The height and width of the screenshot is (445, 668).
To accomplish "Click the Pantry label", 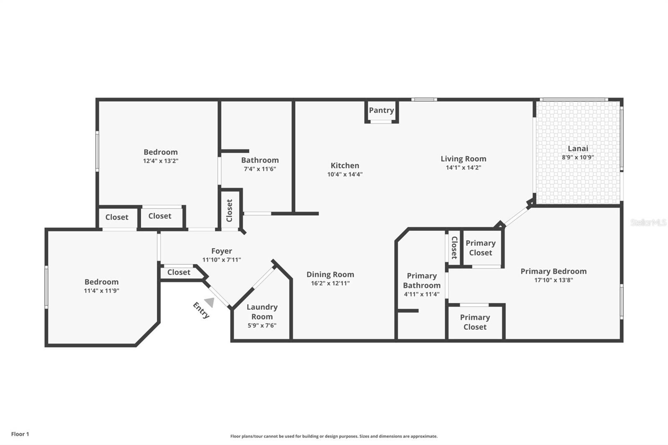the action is [382, 110].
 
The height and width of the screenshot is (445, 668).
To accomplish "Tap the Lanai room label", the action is [578, 149].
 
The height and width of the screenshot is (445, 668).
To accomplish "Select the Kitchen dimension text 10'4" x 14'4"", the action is [345, 174].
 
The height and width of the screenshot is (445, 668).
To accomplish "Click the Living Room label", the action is [463, 159].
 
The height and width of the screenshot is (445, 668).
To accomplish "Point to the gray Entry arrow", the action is [210, 302].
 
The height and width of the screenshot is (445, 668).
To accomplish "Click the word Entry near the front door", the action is [201, 310].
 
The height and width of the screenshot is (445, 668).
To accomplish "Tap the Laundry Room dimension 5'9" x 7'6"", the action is [262, 325].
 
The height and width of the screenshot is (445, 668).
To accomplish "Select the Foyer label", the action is [222, 251].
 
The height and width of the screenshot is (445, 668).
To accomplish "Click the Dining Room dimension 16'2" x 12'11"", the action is [330, 283].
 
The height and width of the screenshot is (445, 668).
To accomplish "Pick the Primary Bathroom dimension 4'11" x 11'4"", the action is [422, 294].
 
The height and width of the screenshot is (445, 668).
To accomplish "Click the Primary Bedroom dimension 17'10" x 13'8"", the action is [554, 280].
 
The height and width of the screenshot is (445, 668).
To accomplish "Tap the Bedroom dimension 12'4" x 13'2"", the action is [161, 161].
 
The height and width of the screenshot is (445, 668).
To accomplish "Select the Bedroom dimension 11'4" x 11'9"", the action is [102, 291].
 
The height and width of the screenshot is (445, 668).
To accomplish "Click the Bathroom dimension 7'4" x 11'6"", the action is [260, 169].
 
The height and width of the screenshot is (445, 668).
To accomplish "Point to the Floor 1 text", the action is [20, 434].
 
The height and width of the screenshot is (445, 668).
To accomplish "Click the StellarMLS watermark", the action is [648, 222].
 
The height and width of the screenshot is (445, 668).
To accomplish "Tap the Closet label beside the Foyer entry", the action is [179, 272].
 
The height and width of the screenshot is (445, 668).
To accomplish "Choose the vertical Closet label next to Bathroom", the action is [229, 210].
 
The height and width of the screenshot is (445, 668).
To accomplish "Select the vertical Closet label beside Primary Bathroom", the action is [455, 248].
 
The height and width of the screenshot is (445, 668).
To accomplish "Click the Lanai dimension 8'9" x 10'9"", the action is [578, 157].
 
